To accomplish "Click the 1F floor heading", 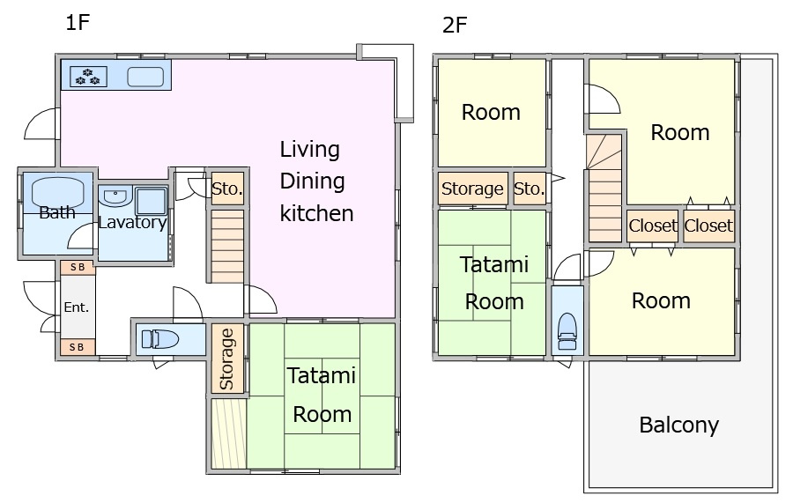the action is click(x=78, y=23).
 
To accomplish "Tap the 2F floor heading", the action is click(x=455, y=26).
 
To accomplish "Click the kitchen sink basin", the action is click(x=145, y=77).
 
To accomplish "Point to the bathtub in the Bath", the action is click(x=57, y=191).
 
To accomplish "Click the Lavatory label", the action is click(x=132, y=222).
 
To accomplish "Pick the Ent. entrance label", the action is click(x=77, y=307).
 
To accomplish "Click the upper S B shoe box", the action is click(x=78, y=268).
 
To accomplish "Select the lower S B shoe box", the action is click(x=78, y=347).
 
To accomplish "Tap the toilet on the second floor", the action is click(x=567, y=331).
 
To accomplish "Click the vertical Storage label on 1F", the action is click(x=227, y=359).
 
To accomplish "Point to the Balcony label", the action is click(x=678, y=425).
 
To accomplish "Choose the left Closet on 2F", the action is click(x=653, y=226).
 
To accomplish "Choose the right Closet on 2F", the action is click(x=708, y=226).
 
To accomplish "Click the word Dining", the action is click(x=313, y=181).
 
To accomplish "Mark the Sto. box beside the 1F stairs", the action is click(x=227, y=189).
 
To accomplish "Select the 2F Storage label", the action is click(x=472, y=189).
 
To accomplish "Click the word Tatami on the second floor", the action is click(x=494, y=264).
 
